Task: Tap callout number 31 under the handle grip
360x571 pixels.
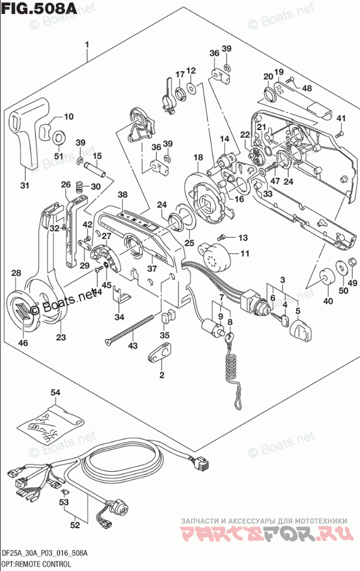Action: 24,186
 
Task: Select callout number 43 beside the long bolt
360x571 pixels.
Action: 133,345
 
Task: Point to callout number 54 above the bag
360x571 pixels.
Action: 55,393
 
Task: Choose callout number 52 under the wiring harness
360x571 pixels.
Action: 75,525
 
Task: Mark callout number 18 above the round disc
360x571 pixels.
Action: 198,157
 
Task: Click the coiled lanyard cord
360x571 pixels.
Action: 232,370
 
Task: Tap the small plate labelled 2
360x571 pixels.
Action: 162,352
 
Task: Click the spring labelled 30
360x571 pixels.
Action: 80,186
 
